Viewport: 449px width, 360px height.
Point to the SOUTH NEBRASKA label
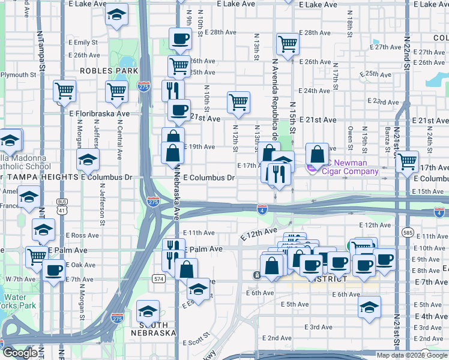[x=153, y=328]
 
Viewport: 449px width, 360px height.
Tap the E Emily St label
[x=82, y=42]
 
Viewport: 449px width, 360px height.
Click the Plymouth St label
[x=18, y=75]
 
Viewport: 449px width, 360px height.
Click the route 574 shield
[x=158, y=279]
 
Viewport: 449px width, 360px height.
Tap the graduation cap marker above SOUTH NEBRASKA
[x=148, y=311]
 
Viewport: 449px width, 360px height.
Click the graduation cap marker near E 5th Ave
[x=369, y=308]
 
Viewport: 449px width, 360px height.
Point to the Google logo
[x=19, y=353]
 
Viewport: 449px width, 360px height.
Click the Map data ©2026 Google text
[x=412, y=355]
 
